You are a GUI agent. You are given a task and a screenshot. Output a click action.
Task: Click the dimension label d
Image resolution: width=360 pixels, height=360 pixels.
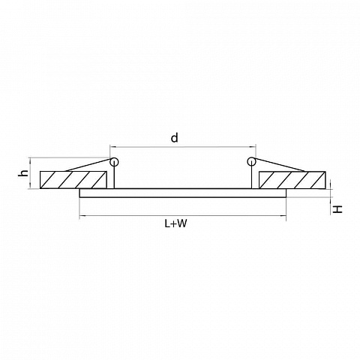pos(175,138)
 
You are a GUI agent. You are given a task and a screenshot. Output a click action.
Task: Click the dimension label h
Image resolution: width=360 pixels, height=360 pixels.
pos(23,173)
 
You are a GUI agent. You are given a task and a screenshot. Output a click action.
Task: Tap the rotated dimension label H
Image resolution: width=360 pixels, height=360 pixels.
pos(337,209)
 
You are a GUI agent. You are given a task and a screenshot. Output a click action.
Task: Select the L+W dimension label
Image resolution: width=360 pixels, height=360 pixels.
pos(175,223)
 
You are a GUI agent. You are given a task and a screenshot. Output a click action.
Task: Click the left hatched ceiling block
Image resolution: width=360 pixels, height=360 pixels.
pos(73,180)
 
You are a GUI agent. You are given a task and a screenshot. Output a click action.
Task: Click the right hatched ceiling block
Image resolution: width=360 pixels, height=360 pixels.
pos(292,180)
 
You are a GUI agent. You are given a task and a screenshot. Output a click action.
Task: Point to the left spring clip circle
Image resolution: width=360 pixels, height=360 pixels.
pos(114,162)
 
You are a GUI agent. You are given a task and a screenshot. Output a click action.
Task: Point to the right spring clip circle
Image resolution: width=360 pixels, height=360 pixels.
pos(251,161)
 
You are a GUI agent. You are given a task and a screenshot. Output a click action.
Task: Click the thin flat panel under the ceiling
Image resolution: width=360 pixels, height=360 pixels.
pos(183,193)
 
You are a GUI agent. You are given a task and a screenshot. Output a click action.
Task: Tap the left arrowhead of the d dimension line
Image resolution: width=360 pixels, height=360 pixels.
pos(112,147)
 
